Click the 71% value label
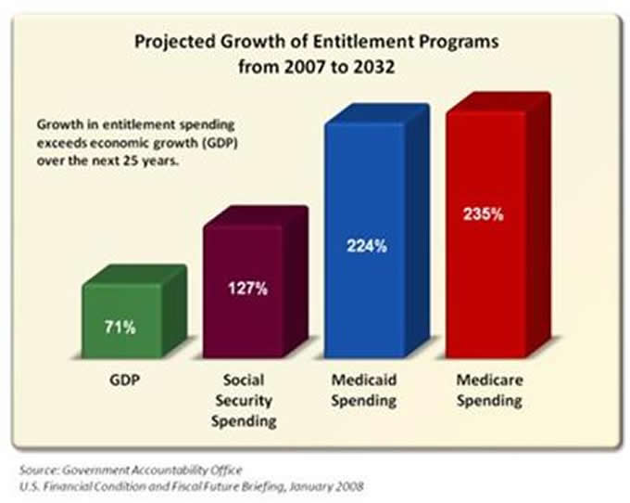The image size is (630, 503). coord(121,327)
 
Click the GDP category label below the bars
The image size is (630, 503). coord(122,381)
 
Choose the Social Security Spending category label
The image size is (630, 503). coord(242,400)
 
